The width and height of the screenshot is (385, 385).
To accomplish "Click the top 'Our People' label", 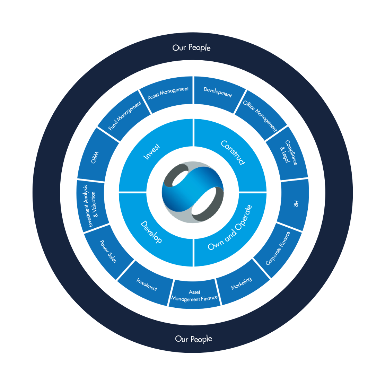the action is pyautogui.click(x=191, y=47).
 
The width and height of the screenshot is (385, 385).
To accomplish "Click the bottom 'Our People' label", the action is pyautogui.click(x=193, y=339).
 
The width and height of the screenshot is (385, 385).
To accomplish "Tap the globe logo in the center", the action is pyautogui.click(x=193, y=193).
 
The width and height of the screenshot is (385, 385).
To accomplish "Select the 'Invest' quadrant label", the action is pyautogui.click(x=151, y=152).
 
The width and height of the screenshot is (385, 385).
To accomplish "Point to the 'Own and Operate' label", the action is pyautogui.click(x=230, y=227).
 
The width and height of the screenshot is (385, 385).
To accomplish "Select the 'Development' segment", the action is pyautogui.click(x=217, y=92).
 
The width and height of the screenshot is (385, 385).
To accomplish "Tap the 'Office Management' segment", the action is pyautogui.click(x=260, y=116).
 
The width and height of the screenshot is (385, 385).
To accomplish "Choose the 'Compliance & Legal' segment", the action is pyautogui.click(x=289, y=153).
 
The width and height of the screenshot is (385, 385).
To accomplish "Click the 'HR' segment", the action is pyautogui.click(x=295, y=204).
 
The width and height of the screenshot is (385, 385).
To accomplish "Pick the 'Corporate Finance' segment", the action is pyautogui.click(x=278, y=248).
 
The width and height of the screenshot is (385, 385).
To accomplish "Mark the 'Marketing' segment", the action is pyautogui.click(x=242, y=283).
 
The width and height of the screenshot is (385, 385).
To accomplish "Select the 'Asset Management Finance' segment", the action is pyautogui.click(x=194, y=295).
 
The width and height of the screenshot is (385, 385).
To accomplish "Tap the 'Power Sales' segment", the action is pyautogui.click(x=108, y=251).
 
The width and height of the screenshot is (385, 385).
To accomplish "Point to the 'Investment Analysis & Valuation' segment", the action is pyautogui.click(x=91, y=206).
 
